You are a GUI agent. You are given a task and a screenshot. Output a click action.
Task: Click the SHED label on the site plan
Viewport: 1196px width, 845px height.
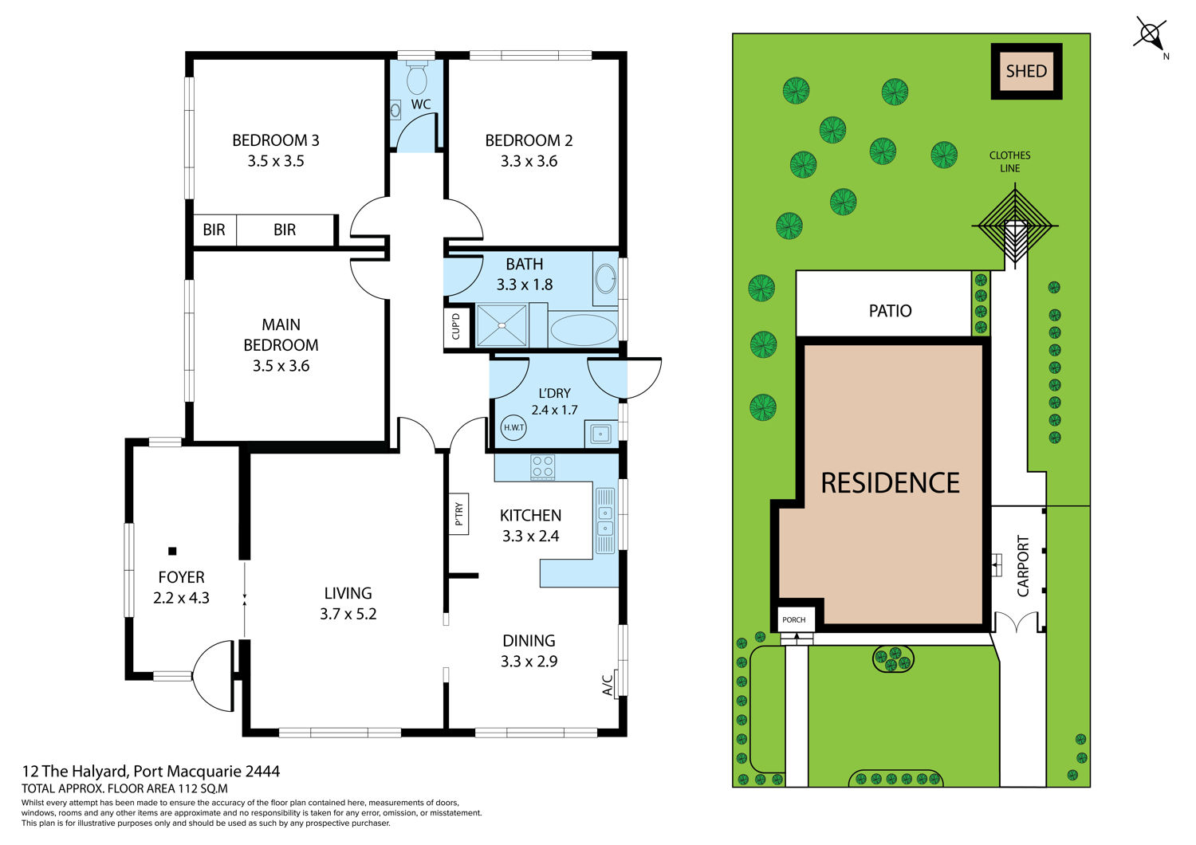pos(1026,71)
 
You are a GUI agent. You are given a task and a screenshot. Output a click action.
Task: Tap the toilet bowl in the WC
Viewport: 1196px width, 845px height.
pos(417,80)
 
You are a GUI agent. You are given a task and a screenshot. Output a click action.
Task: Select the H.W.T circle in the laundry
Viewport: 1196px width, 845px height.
pos(513,427)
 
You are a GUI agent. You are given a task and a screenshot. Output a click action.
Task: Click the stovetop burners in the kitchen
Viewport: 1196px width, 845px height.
pos(542,467)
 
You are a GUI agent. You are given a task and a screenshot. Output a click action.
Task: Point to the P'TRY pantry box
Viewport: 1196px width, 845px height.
pos(458,513)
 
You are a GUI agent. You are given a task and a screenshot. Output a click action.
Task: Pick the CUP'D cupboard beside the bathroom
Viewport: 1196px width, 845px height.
pos(456,327)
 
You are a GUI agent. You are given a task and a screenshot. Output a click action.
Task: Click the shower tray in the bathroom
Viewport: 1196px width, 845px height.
pos(501,325)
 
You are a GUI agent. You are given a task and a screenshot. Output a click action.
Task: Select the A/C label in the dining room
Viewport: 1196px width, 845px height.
pos(607,686)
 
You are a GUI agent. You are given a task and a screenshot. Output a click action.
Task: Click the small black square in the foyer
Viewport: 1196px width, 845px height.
pos(172,551)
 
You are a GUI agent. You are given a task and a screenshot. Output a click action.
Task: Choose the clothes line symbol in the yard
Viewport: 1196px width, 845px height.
pos(1014,226)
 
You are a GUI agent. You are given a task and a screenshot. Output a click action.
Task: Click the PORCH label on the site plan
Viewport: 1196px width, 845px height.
pos(794,619)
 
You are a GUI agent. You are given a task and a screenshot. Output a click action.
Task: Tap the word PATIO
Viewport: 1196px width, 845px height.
pos(890,311)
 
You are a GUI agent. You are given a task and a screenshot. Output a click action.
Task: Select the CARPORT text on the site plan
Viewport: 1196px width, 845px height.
pos(1023,566)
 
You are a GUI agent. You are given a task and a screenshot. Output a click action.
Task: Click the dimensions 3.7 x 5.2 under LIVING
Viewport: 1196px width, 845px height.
pos(348,614)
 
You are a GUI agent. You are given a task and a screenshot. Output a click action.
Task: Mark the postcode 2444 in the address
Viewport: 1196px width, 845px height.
pos(262,772)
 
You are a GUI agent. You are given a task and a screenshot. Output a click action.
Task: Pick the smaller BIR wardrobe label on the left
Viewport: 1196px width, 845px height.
pos(214,230)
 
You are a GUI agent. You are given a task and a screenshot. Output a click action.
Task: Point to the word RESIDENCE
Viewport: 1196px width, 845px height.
pos(890,482)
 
